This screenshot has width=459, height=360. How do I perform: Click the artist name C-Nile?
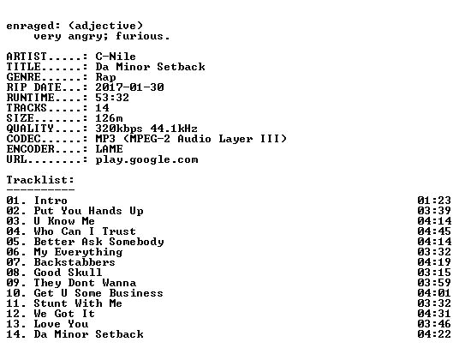(116, 57)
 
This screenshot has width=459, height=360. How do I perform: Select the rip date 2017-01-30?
(129, 87)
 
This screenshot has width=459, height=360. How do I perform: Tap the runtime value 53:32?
(112, 98)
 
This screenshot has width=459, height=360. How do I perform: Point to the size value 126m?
(109, 118)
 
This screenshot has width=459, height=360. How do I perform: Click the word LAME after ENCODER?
(109, 149)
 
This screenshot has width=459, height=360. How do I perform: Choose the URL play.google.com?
(147, 160)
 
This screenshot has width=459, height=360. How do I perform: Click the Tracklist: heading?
(40, 180)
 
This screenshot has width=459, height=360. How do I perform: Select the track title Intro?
(51, 201)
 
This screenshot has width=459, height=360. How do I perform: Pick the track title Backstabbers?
(75, 262)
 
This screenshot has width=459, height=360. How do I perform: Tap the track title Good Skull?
(68, 273)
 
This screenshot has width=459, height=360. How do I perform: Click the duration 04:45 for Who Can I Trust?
(434, 231)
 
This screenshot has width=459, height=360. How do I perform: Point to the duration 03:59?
(434, 283)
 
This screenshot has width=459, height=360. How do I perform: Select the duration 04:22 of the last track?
(434, 334)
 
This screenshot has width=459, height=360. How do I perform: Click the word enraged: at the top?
(33, 27)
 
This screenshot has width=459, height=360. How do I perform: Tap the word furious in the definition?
(140, 36)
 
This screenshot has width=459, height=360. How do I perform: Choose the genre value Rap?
(105, 78)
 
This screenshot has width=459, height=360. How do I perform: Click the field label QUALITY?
(30, 129)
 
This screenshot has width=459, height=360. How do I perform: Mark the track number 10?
(13, 293)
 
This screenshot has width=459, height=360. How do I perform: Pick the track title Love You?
(61, 324)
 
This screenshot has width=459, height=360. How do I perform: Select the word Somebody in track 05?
(136, 242)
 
